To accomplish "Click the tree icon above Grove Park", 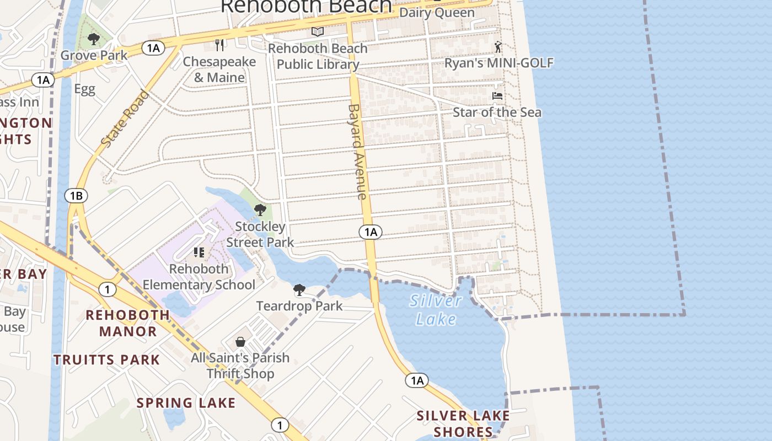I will pos(94,39).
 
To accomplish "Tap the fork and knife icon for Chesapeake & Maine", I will pos(220,45).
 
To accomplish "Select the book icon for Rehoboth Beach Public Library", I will pos(317,32).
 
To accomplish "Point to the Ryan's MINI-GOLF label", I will pos(498,63).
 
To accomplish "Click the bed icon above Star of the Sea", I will pos(497,96).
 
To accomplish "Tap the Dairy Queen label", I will pos(436,12).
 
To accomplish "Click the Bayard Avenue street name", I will pos(357,151).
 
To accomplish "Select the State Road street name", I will pos(125,119).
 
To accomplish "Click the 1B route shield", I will pos(76,195).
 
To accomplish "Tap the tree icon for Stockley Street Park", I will pos(260,210).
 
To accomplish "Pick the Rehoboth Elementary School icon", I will pos(199,252).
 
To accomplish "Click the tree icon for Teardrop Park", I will pos(299,289).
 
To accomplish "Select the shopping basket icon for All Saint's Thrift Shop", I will pos(240,342).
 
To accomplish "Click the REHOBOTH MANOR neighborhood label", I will pos(128,323).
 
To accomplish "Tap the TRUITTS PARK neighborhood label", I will pos(106,360).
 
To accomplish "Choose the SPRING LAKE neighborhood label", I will pos(186,403).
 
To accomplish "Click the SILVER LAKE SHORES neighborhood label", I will pos(463,423).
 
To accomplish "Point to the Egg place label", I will pos(84,89).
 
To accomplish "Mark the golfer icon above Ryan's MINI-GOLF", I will pos(498,46).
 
